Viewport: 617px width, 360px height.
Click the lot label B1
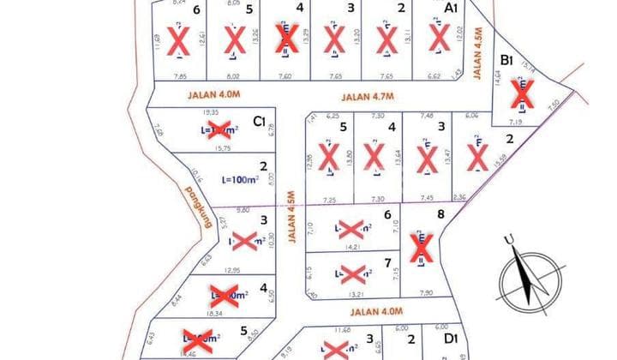pos(506,60)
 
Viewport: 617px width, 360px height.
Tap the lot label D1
pos(451,339)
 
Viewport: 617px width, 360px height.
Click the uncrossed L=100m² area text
pos(240,180)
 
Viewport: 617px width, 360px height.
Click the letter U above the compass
pos(508,239)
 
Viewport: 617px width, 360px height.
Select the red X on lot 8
pos(421,249)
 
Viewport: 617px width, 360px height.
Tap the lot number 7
pos(388,262)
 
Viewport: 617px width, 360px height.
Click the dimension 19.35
pos(209,112)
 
